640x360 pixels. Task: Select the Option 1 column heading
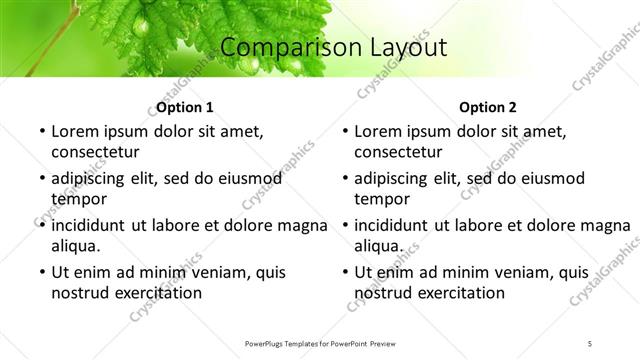pyautogui.click(x=185, y=107)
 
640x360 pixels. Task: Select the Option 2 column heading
pyautogui.click(x=488, y=107)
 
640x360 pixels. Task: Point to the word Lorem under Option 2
pyautogui.click(x=378, y=131)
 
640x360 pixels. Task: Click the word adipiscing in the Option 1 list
pyautogui.click(x=95, y=178)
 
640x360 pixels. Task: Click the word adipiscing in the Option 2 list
pyautogui.click(x=398, y=178)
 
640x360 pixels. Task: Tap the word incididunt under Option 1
pyautogui.click(x=94, y=225)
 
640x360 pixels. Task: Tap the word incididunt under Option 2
pyautogui.click(x=397, y=225)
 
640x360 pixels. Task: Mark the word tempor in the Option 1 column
pyautogui.click(x=77, y=198)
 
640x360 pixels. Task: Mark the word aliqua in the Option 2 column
pyautogui.click(x=378, y=245)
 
